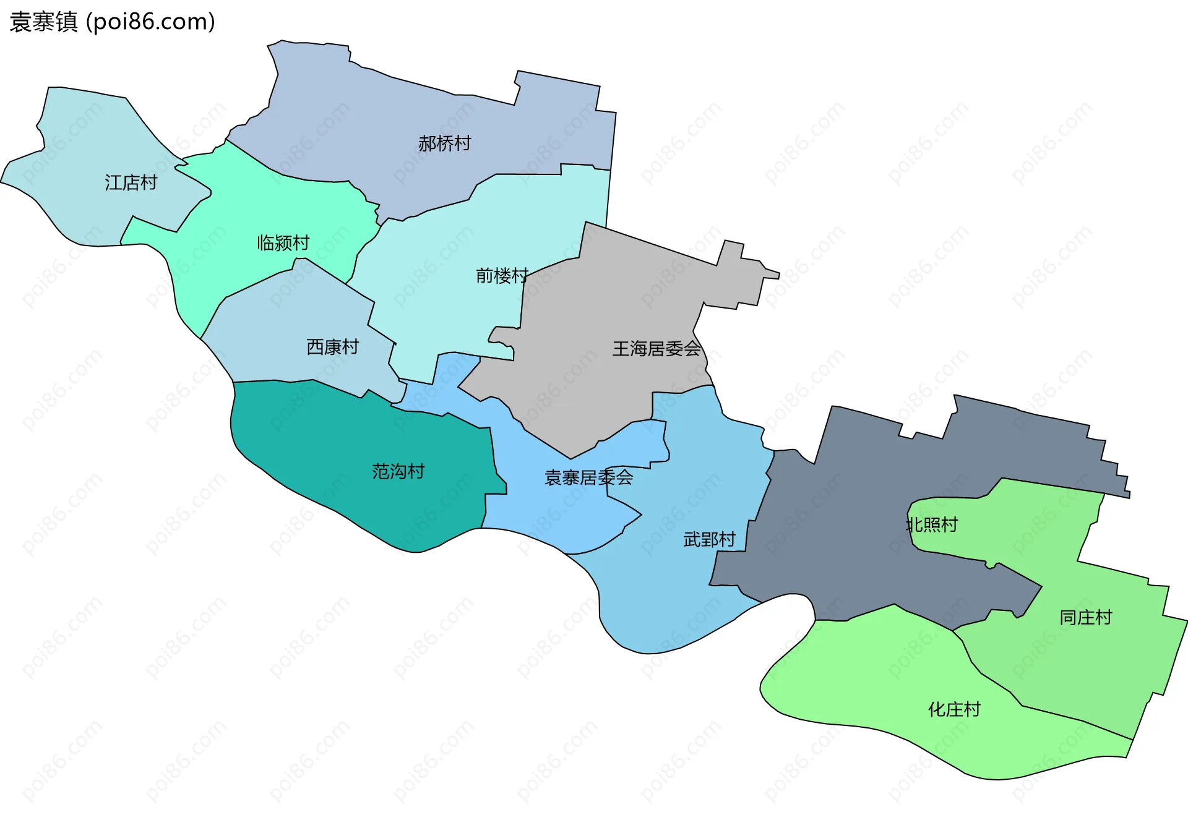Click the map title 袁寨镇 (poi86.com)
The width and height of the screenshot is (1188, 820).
112,22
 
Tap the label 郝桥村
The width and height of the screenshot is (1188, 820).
444,143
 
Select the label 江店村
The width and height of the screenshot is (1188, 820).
131,182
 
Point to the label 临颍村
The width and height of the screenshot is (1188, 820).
283,242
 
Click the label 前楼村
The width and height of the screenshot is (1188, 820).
502,275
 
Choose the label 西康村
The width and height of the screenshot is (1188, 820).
332,347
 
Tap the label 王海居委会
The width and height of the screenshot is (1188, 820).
656,349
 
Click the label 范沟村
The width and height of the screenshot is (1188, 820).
398,471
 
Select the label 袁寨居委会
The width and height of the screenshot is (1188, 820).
588,477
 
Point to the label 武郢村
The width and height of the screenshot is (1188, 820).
709,539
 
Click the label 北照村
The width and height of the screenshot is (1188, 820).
932,524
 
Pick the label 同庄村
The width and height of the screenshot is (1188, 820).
1085,617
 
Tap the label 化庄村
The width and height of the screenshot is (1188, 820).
954,709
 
